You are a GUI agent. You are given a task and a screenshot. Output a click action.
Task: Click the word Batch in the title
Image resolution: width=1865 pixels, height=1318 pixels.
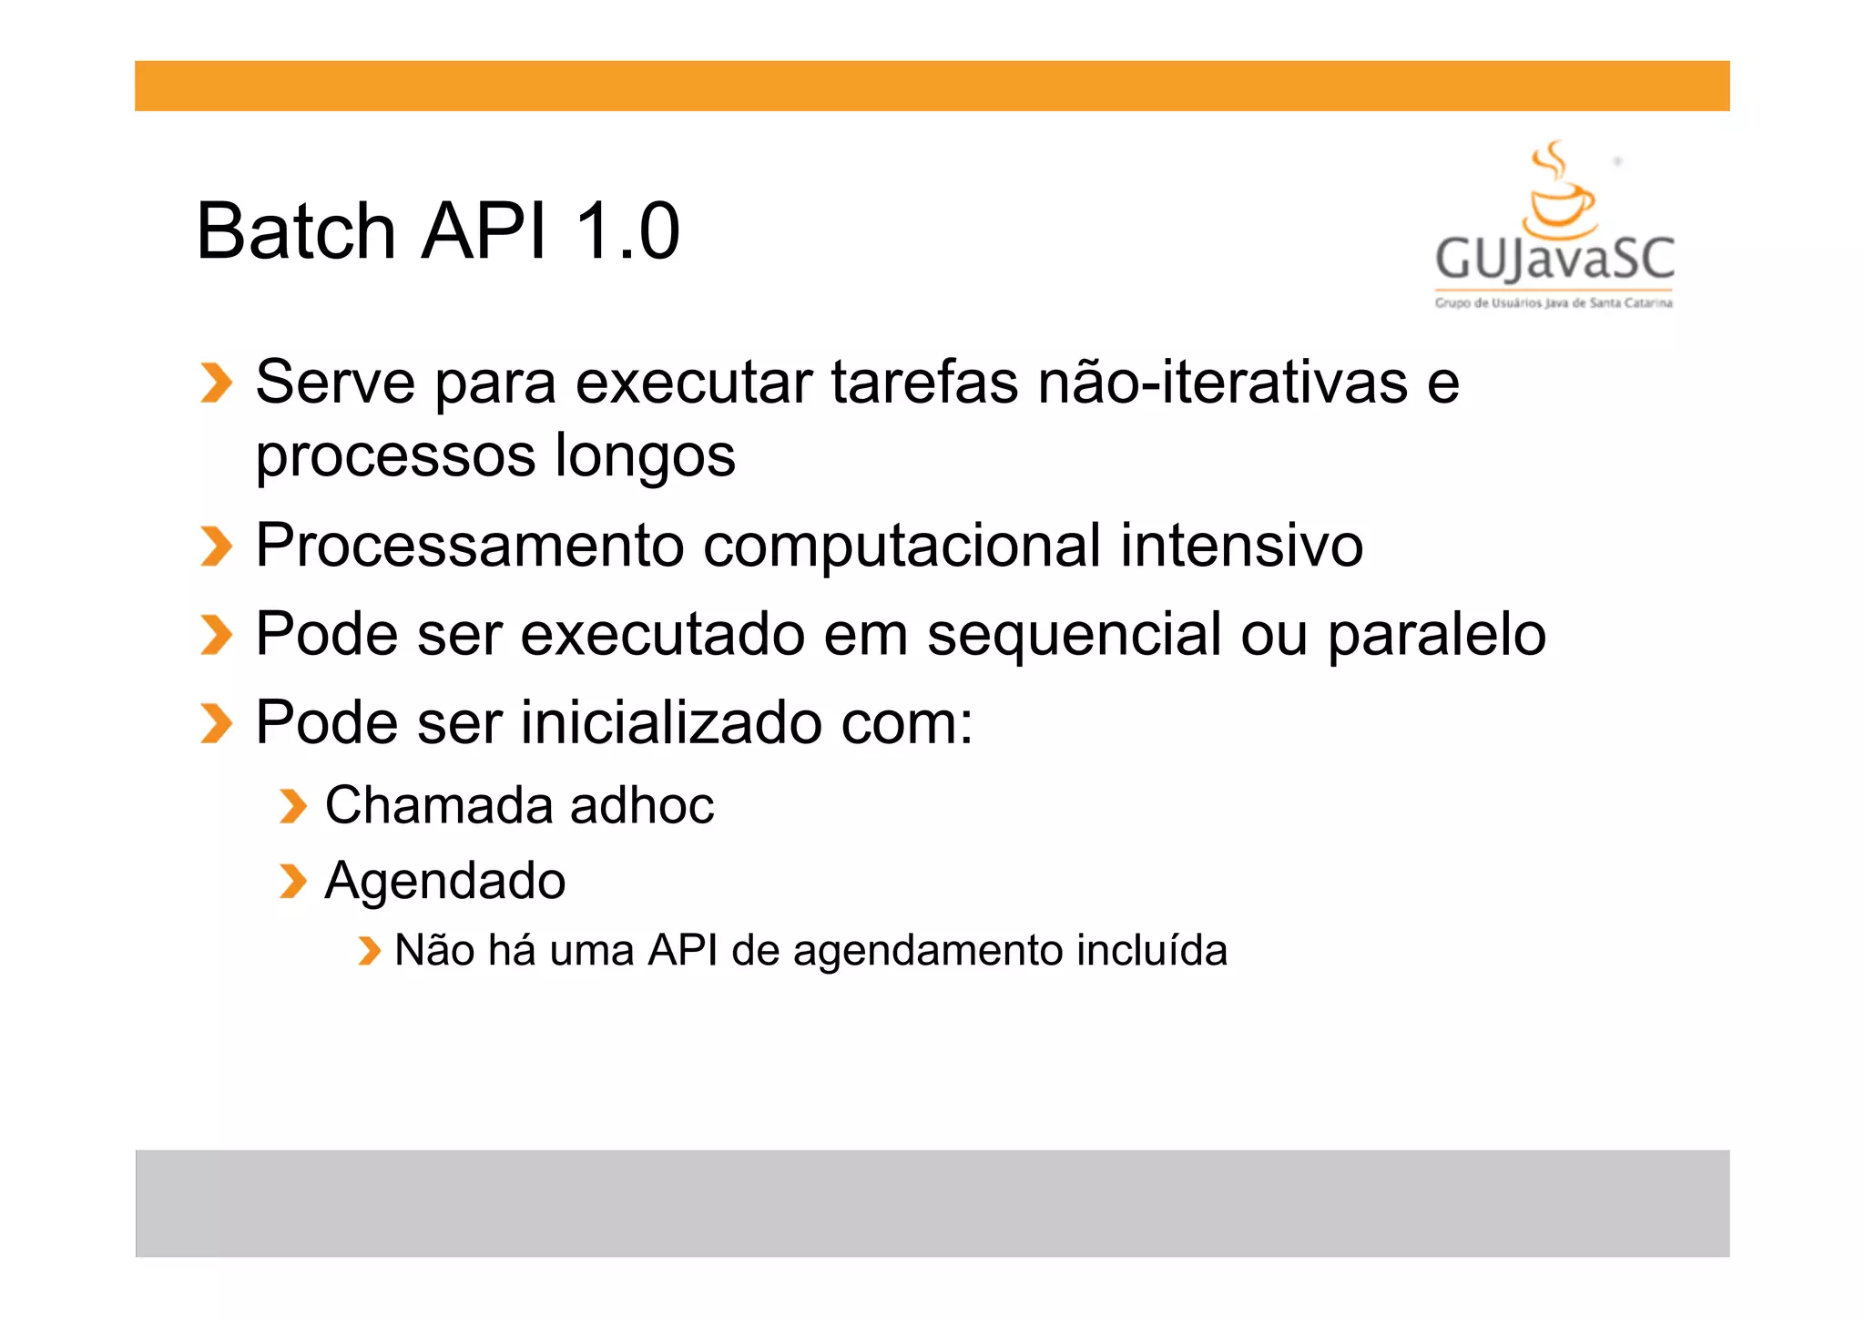click(295, 231)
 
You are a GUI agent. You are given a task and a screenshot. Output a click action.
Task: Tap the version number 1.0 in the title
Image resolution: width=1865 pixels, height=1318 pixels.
click(627, 231)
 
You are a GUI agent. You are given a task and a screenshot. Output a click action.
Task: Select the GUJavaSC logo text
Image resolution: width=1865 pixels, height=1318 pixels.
click(1554, 259)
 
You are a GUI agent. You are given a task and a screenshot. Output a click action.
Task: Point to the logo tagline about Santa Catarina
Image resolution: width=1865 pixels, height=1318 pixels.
click(1554, 303)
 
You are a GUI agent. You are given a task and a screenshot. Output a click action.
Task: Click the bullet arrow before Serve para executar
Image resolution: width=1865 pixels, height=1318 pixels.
click(216, 383)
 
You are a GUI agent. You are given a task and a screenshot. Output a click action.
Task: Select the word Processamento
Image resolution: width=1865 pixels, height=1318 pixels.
click(469, 547)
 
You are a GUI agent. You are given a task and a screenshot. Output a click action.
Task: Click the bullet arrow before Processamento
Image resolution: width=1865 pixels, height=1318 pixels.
click(216, 547)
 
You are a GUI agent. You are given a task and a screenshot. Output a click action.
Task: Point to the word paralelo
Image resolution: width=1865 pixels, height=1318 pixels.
click(1436, 635)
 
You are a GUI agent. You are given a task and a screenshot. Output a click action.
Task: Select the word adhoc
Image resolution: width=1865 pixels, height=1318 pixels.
click(642, 806)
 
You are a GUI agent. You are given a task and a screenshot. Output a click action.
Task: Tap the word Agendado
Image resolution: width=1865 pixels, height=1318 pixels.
click(445, 881)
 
